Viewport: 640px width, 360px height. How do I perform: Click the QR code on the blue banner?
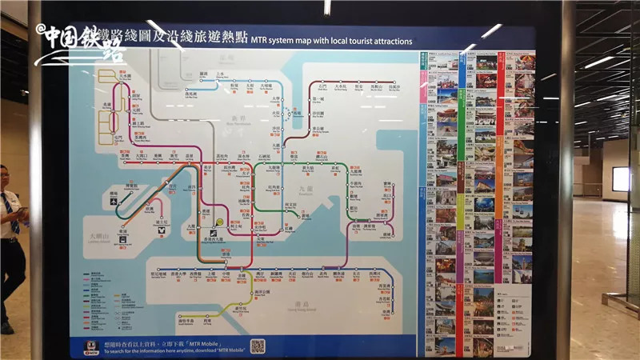tap(257, 346)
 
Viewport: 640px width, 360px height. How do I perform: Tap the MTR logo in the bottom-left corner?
tap(92, 348)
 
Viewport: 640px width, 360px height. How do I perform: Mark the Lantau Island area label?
tap(102, 238)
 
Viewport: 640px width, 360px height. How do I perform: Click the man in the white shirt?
tap(10, 240)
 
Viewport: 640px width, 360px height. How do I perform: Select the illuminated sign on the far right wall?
tap(621, 179)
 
